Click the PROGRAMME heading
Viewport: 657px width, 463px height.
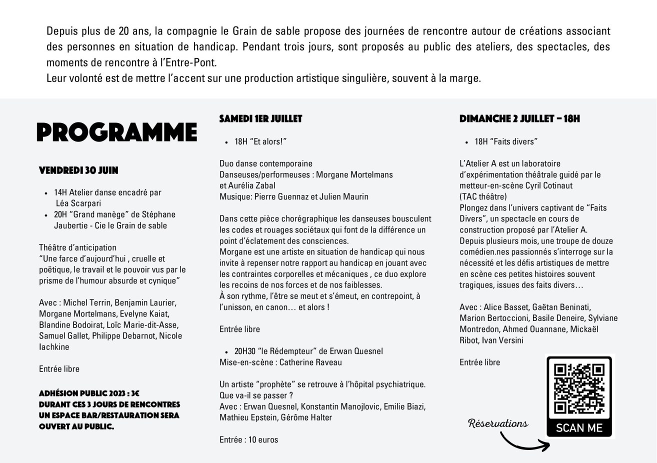[x=116, y=132]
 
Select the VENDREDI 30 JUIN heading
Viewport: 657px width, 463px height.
[x=78, y=170]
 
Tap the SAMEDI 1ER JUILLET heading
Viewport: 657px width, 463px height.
[x=260, y=119]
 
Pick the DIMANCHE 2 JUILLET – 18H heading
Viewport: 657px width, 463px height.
[x=519, y=119]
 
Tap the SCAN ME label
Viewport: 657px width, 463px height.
[x=579, y=428]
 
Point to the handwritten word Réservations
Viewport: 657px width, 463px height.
[x=498, y=423]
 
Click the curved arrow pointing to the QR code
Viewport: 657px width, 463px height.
[x=522, y=441]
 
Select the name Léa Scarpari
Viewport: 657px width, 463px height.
[x=78, y=203]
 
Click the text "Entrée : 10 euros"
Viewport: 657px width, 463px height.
[x=248, y=440]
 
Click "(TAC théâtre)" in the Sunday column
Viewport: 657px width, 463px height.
[x=483, y=196]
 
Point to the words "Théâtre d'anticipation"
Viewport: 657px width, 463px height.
[x=77, y=247]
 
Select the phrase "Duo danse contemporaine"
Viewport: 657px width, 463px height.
[x=265, y=163]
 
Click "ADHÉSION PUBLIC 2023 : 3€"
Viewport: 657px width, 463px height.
[x=89, y=393]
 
